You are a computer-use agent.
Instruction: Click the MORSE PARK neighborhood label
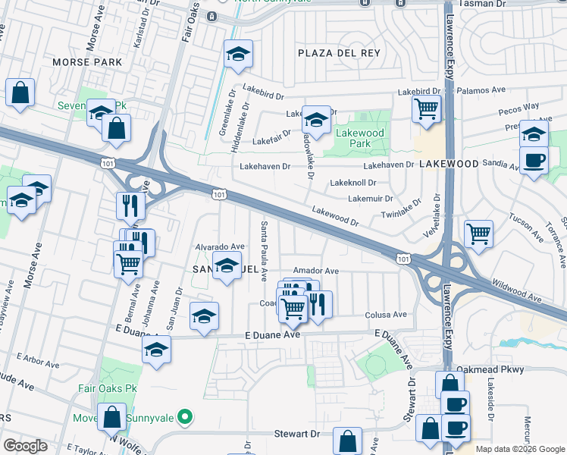(81, 61)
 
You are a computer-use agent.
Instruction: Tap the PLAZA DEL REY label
(338, 52)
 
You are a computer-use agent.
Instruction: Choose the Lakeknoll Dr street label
(352, 183)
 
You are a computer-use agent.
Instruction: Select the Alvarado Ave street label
(220, 246)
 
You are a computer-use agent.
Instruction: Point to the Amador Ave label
(315, 271)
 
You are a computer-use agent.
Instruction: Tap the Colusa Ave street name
(386, 315)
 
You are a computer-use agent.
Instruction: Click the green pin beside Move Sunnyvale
(183, 417)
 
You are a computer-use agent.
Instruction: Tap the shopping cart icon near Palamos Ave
(427, 108)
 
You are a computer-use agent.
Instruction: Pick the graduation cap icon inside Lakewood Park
(317, 119)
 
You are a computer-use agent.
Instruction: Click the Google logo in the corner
(25, 446)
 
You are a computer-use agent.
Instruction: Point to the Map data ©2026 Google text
(519, 449)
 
